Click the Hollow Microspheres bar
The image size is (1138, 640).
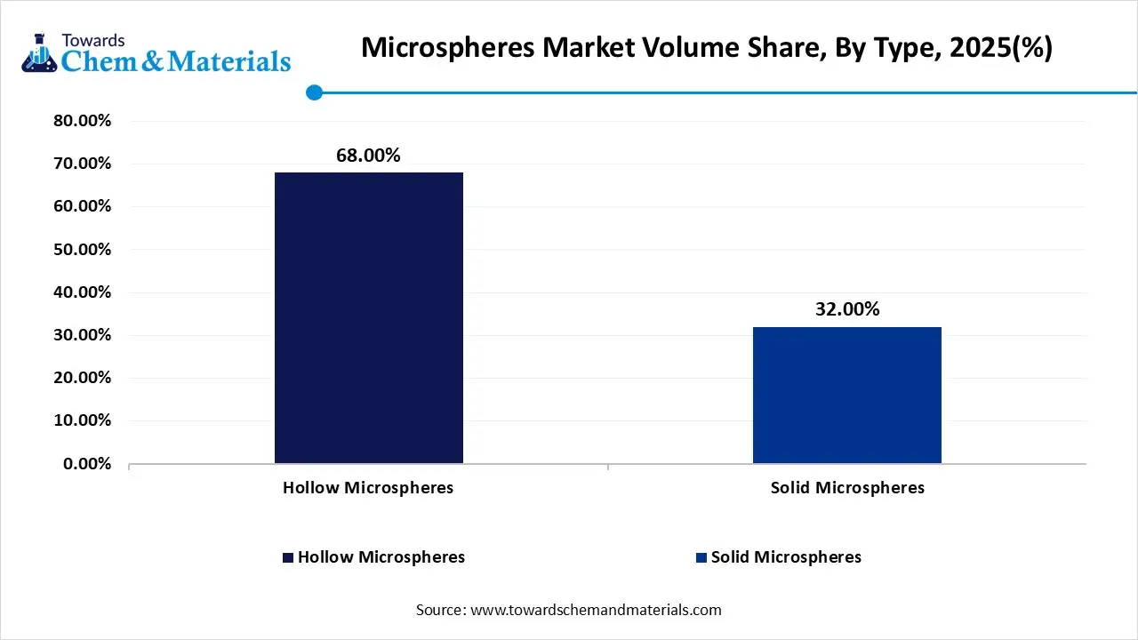[368, 317]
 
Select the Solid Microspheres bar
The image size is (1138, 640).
[846, 395]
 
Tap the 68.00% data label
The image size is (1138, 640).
[368, 156]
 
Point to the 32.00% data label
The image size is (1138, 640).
[846, 309]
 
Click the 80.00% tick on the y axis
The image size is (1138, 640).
[82, 121]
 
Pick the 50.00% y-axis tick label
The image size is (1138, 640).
[82, 250]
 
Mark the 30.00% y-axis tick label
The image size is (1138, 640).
[82, 335]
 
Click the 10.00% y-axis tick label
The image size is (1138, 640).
[82, 420]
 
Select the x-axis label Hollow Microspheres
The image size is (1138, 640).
[368, 488]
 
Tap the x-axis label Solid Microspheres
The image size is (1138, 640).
[846, 488]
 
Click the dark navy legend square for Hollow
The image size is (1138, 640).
[287, 557]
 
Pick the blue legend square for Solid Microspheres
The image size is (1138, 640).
[701, 557]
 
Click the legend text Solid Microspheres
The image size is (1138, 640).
[786, 557]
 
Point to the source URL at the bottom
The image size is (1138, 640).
[595, 610]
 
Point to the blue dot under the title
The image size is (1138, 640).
[313, 92]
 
